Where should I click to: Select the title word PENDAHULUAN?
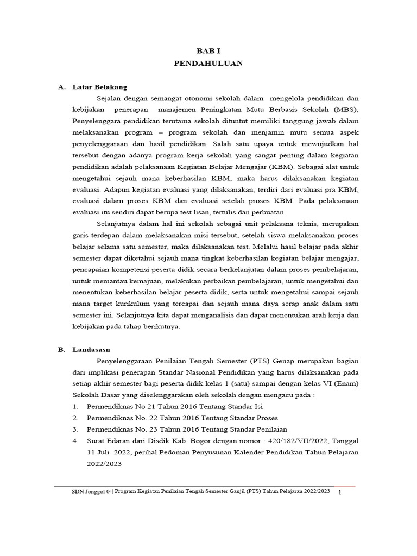point(208,64)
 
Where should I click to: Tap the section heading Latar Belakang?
point(99,87)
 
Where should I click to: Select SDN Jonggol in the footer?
point(86,491)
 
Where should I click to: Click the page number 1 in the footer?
point(339,492)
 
